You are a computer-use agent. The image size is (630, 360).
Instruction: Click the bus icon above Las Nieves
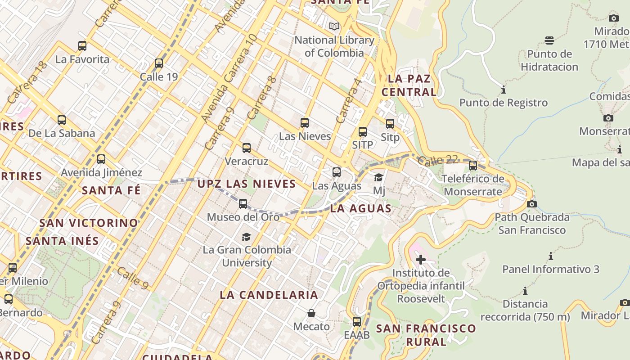coord(305,122)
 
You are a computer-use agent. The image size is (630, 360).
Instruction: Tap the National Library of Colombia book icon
coord(334,27)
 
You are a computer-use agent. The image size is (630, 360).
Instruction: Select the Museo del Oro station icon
coord(243,204)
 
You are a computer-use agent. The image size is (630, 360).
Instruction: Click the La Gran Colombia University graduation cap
coord(246,237)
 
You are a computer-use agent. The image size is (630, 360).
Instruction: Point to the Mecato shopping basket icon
coord(311,313)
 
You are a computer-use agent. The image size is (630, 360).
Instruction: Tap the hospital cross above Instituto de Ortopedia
coord(421,260)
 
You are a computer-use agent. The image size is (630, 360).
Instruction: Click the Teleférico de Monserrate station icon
coord(473,166)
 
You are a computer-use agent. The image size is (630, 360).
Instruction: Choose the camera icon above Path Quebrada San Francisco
coord(531,204)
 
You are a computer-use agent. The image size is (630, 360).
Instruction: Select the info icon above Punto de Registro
coord(503,90)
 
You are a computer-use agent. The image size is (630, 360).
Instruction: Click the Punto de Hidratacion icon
coord(549,40)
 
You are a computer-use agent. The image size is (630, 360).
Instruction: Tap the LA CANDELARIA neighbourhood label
coord(269,295)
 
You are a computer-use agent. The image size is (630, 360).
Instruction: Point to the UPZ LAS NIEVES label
coord(247,184)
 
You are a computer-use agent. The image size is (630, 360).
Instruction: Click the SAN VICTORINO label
coord(89,223)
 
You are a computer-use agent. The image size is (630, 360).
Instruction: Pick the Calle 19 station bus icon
coord(159,63)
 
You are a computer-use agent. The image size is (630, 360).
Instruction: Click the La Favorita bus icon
coord(82,46)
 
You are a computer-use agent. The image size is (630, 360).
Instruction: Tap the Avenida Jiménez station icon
coord(101,159)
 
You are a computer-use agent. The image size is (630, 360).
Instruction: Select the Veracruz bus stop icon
coord(247,148)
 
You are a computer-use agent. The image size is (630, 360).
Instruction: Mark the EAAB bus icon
coord(357,322)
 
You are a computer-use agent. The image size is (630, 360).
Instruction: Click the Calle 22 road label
coord(437,160)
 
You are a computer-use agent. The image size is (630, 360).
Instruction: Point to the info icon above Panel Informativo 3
coord(550,256)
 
